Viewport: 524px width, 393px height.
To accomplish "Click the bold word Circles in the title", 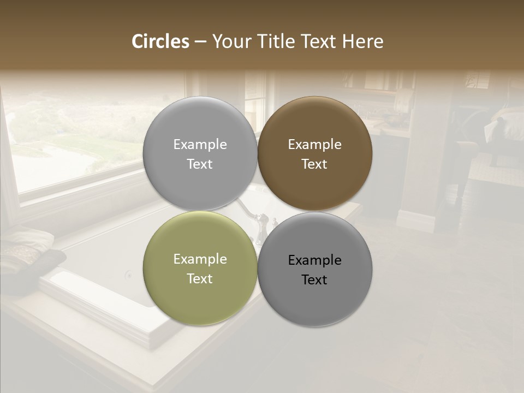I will coord(160,41).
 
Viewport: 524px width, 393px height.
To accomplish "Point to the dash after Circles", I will coord(200,42).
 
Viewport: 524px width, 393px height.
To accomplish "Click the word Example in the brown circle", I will coord(314,145).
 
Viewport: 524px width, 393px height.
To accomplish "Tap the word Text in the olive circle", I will coord(200,278).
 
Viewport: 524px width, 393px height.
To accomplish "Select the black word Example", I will coord(314,260).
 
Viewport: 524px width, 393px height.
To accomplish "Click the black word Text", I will coord(314,279).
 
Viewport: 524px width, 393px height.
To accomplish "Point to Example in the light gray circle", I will coord(200,145).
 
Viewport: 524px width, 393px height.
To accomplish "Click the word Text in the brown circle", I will coord(314,164).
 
